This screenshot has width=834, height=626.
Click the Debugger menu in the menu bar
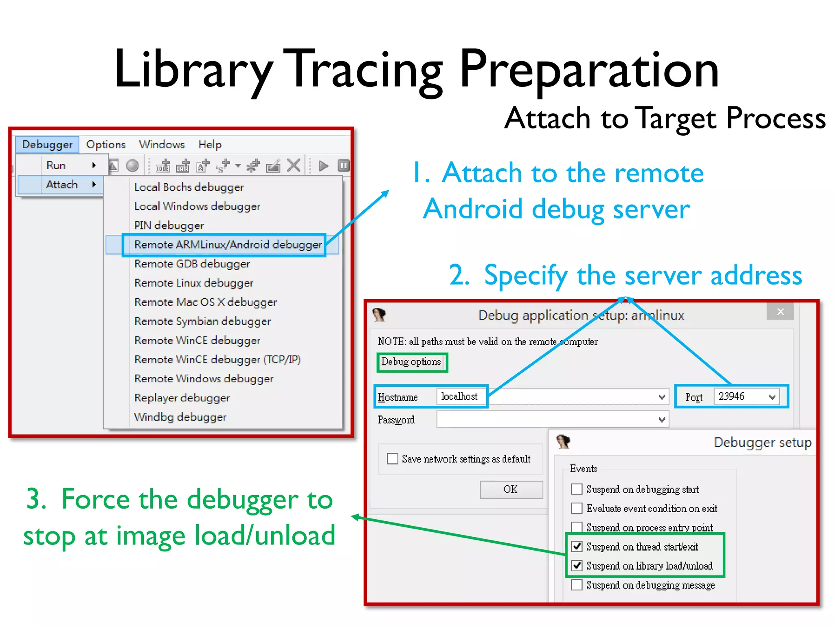tap(47, 145)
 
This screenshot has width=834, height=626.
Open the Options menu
tap(106, 145)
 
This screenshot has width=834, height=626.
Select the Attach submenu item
tap(61, 185)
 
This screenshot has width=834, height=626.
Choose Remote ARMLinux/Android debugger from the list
tap(228, 245)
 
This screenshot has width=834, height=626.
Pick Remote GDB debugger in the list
tap(192, 264)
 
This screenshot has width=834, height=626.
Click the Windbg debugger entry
tap(180, 417)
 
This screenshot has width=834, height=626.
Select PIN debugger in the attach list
tap(169, 225)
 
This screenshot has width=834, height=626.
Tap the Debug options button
tap(411, 362)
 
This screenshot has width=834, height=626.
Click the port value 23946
tap(732, 397)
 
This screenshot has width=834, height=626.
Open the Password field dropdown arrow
tap(662, 419)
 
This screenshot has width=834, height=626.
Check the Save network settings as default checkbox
tap(393, 458)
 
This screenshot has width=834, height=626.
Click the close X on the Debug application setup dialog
tap(780, 312)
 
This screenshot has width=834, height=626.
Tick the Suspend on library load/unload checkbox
tap(577, 566)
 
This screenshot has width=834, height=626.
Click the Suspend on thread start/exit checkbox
tap(577, 547)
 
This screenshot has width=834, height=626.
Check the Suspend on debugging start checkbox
tap(577, 489)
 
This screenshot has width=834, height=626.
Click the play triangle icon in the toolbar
tap(324, 166)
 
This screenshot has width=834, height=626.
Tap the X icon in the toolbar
tap(294, 165)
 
